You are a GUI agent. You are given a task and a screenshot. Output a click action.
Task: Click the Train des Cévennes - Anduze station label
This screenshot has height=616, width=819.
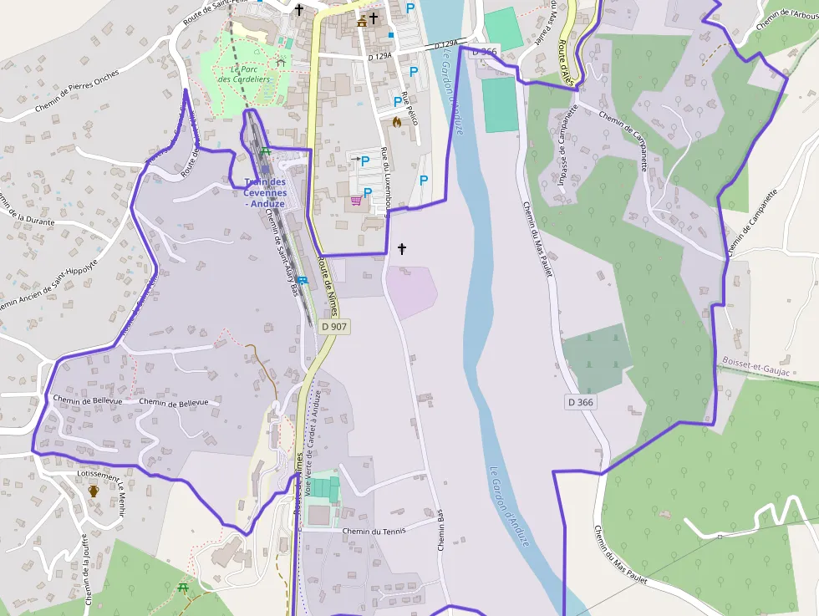click(265, 192)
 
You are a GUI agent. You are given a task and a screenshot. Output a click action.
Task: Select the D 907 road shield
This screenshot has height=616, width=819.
click(334, 327)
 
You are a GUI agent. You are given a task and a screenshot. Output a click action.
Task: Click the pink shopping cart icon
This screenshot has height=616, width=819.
click(357, 201)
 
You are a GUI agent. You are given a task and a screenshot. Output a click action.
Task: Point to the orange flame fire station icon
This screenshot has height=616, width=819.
click(397, 122)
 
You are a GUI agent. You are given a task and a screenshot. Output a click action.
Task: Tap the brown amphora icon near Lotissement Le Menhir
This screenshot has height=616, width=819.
click(94, 491)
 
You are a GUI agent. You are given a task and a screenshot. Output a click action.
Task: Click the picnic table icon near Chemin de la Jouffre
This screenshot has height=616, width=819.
click(183, 588)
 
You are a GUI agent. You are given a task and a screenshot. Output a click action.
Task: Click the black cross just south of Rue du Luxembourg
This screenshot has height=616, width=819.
click(402, 248)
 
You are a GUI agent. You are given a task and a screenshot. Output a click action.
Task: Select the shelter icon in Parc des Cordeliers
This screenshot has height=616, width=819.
click(281, 62)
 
